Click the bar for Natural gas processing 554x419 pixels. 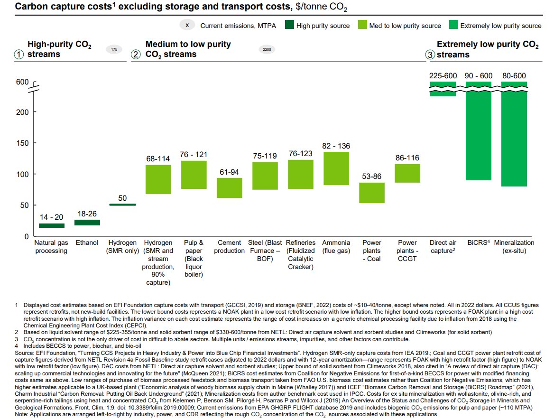point(52,225)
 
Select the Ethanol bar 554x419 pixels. point(87,222)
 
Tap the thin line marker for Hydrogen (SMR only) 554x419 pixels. point(122,205)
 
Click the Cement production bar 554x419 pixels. point(230,188)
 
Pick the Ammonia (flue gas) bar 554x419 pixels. point(336,168)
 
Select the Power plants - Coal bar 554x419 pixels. point(371,193)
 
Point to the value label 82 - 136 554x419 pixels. point(336,146)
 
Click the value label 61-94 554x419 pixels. point(230,172)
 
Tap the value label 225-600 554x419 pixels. point(443,75)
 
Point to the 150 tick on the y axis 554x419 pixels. point(22,143)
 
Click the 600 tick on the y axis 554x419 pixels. point(22,82)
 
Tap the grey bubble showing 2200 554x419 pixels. point(267,49)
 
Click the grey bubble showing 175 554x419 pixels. point(114,49)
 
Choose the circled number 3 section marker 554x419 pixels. point(430,55)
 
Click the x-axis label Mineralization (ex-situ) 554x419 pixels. point(514,246)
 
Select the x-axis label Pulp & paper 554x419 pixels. point(194,258)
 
